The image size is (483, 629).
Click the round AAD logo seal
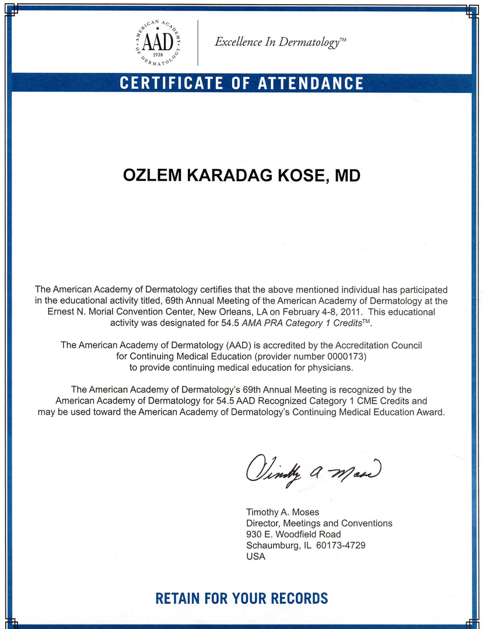click(x=158, y=41)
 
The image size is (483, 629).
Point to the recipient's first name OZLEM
click(x=152, y=176)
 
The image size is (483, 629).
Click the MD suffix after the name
click(x=347, y=176)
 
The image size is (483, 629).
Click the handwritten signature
click(x=313, y=468)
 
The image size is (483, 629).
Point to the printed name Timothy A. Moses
click(x=282, y=512)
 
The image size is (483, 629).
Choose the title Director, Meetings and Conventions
click(x=319, y=523)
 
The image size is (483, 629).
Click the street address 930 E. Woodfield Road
click(x=293, y=534)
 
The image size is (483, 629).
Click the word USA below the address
click(x=256, y=557)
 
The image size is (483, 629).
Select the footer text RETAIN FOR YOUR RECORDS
click(x=242, y=599)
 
